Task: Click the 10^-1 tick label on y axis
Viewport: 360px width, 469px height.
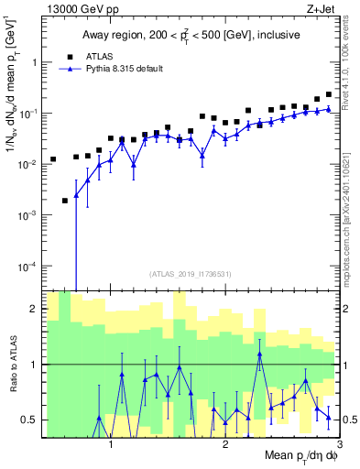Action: pyautogui.click(x=29, y=113)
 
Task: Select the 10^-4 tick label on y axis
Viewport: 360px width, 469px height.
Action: pyautogui.click(x=29, y=266)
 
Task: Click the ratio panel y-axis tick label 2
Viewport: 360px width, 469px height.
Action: pyautogui.click(x=36, y=309)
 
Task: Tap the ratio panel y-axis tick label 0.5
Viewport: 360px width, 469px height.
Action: pyautogui.click(x=31, y=420)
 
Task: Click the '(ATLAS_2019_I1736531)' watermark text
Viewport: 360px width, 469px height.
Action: pyautogui.click(x=191, y=274)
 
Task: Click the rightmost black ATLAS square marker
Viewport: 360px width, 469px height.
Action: pyautogui.click(x=329, y=93)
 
